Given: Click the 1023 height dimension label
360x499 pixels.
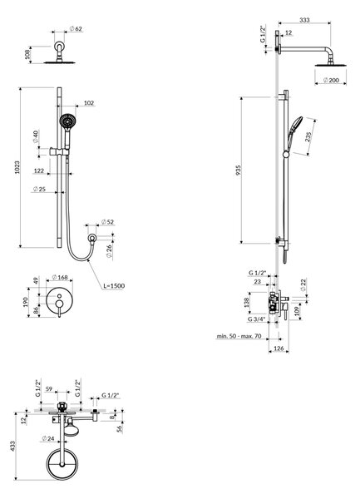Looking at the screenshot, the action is [x=17, y=167].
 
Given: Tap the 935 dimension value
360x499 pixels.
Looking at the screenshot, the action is [x=239, y=170].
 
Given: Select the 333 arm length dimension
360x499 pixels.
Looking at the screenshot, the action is [x=304, y=20].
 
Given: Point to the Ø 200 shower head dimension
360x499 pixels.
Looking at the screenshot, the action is [x=331, y=80].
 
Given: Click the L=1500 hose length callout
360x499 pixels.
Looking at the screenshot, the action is [x=114, y=286].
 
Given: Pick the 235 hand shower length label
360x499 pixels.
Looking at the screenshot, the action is [x=308, y=136].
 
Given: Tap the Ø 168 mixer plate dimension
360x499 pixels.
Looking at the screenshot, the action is [x=60, y=277].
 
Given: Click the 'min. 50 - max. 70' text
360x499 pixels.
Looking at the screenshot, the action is [x=239, y=336].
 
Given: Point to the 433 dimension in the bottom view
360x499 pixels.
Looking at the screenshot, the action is [x=12, y=446].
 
